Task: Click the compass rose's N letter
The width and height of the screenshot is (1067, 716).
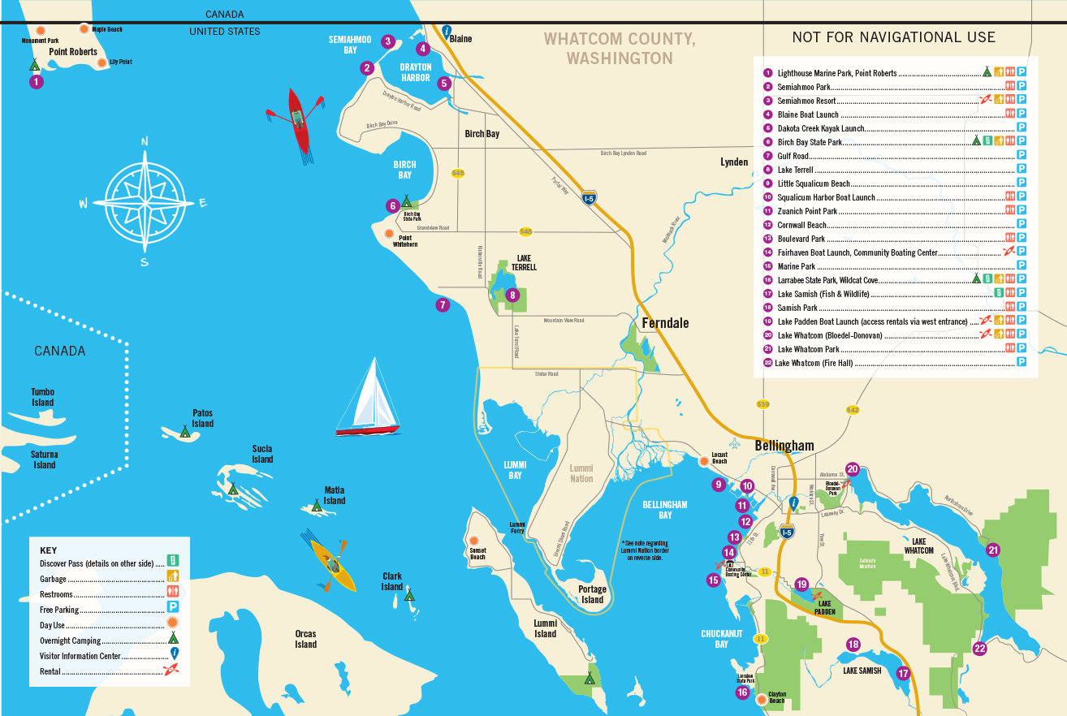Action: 145,141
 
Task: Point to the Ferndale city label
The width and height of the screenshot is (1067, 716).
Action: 665,323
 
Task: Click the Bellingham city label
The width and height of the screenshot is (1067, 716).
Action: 784,446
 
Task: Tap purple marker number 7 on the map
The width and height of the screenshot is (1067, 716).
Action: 443,305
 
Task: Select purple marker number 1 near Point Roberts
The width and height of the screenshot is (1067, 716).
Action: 36,81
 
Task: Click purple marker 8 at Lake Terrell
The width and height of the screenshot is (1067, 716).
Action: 512,295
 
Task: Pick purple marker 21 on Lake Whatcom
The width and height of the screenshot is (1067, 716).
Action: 993,550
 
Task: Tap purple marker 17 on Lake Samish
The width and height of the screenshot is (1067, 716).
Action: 903,673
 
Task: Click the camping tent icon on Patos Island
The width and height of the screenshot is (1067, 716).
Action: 185,433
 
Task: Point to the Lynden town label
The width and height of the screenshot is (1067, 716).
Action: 734,162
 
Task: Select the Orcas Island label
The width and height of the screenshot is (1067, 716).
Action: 305,639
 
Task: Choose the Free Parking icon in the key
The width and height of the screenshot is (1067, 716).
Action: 172,607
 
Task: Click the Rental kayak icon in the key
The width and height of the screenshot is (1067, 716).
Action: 171,671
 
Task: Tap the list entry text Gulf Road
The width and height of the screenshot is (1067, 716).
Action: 793,156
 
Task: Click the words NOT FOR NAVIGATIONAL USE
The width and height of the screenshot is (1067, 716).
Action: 893,37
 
